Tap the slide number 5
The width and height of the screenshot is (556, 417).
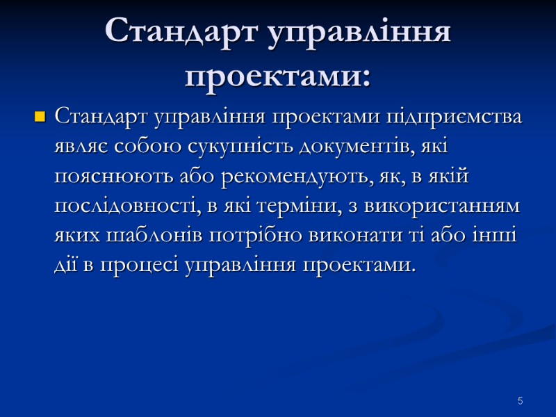pos(519,401)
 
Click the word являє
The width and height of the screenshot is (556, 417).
pos(79,147)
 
